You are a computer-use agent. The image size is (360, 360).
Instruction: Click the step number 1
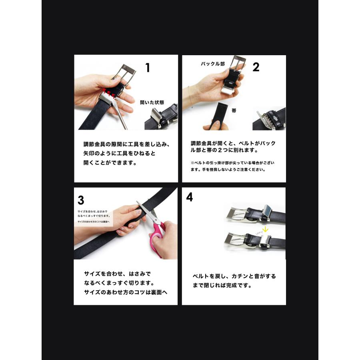point(148,68)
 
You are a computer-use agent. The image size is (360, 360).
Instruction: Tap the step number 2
point(256,67)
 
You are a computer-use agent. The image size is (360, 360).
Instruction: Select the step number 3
point(81,199)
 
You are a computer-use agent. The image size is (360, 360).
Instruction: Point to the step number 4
point(189,197)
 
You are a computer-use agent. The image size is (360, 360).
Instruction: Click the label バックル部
point(212,64)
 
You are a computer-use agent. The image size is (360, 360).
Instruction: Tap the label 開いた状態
point(152,102)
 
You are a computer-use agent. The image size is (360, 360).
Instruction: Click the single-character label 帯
point(234,111)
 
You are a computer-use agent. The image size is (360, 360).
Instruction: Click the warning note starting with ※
point(232,166)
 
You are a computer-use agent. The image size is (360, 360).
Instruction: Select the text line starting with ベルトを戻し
point(234,276)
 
